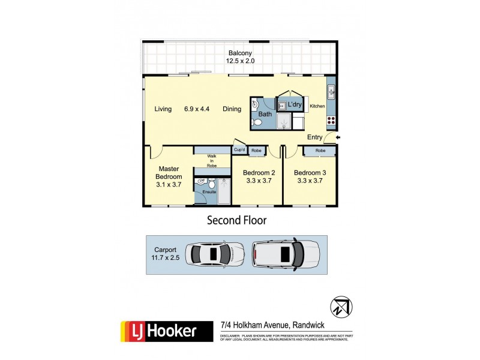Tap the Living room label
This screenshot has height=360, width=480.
(x=163, y=109)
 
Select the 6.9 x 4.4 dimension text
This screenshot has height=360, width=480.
(x=197, y=109)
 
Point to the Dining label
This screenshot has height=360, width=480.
(x=232, y=109)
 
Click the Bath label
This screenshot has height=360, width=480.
(x=265, y=114)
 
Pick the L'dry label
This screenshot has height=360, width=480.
(x=294, y=105)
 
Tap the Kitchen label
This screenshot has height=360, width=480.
(x=317, y=106)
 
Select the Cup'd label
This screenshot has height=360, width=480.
(x=240, y=150)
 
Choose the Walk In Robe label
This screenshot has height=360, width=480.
(x=211, y=160)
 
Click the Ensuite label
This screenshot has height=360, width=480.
(x=208, y=192)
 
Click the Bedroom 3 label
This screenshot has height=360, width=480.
(x=309, y=177)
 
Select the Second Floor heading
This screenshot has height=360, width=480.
(x=236, y=220)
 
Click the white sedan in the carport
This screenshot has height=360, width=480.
(x=215, y=254)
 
